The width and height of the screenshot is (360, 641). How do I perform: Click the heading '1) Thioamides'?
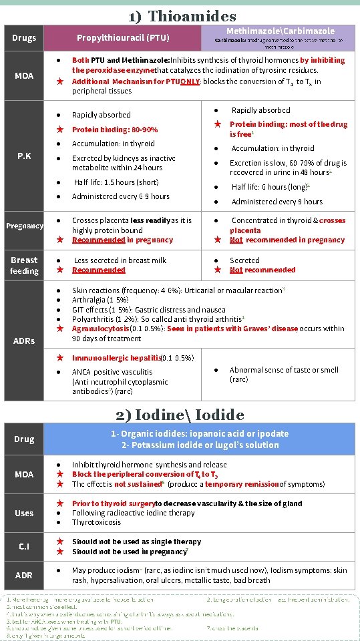tap(182, 15)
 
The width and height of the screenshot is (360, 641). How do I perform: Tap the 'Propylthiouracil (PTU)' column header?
tap(123, 38)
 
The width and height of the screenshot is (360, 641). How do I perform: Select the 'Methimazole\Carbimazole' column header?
tap(281, 31)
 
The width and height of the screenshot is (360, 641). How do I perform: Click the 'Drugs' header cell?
tap(24, 38)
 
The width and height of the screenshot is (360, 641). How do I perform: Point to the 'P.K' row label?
tap(24, 156)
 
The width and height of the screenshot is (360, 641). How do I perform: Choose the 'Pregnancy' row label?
tap(25, 226)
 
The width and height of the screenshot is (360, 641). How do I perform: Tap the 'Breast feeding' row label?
tap(24, 265)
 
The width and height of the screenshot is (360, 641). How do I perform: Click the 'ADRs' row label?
tap(24, 341)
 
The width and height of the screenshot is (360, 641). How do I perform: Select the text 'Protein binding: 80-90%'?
tap(115, 130)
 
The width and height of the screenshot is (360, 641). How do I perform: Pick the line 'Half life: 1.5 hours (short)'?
tap(116, 182)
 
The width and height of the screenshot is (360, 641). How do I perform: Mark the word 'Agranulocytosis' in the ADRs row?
tap(101, 329)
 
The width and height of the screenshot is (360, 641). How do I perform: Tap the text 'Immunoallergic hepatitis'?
tap(117, 358)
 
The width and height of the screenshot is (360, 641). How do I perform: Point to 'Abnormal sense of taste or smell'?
tap(284, 370)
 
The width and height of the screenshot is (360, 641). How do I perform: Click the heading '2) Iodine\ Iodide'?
tap(180, 415)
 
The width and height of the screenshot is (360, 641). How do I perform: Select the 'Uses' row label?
tap(24, 513)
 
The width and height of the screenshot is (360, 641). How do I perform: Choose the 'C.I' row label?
tap(24, 546)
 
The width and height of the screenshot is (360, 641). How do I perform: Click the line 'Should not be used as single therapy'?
tap(136, 542)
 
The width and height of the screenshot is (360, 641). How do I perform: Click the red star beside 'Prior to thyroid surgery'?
tap(59, 503)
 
